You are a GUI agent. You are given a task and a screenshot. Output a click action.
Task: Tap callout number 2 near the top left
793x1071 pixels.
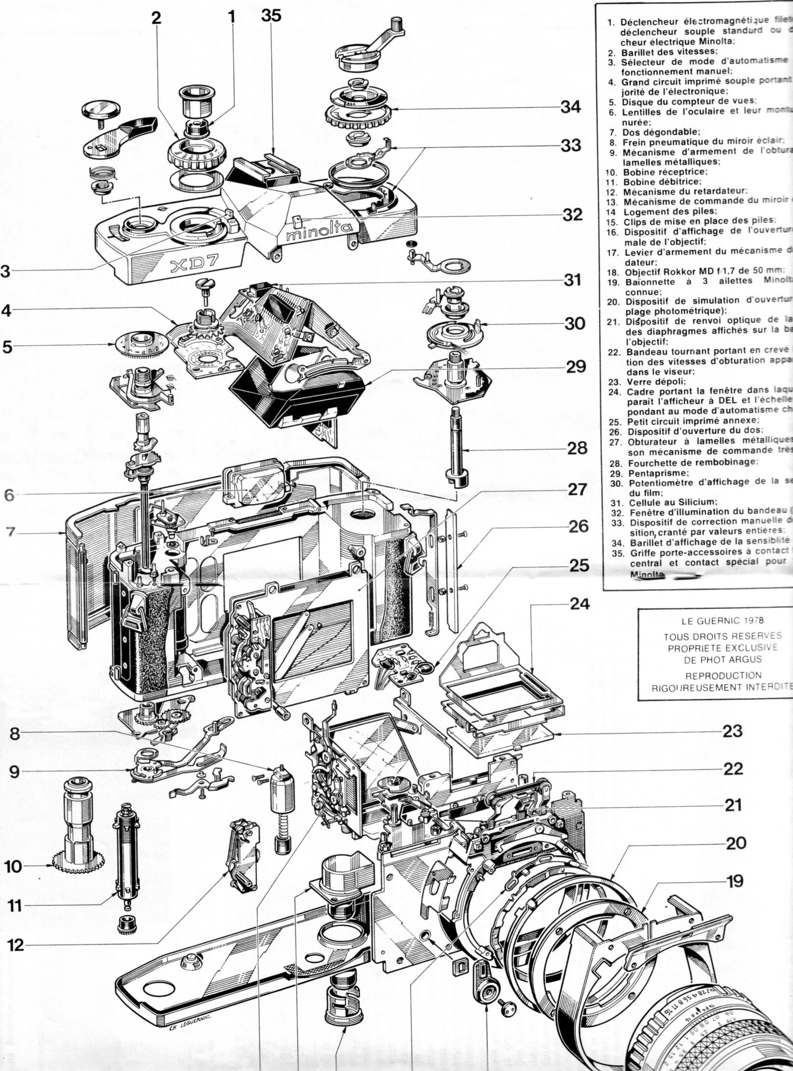click(156, 18)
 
